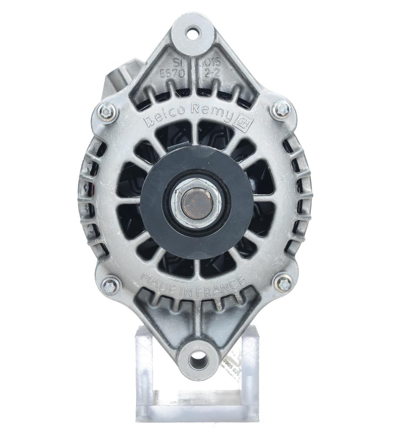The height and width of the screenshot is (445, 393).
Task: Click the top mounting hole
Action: pos(193,32)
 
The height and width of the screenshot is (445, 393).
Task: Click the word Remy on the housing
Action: pos(216,114)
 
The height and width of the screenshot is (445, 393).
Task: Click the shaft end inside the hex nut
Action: pos(194,202)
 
